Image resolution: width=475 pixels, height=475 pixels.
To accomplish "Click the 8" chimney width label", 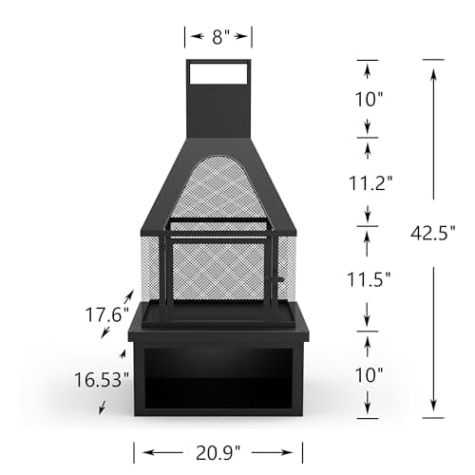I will coord(218,37).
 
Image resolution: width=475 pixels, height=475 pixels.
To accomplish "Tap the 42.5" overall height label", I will coord(441,231).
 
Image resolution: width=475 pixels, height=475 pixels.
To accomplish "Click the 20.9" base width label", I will coord(218,451).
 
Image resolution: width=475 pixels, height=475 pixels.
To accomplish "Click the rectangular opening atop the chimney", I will coord(218,72).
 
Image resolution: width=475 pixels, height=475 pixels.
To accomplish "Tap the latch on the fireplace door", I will coord(276,279).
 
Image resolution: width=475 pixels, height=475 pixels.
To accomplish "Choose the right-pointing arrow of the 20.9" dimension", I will coord(294,451).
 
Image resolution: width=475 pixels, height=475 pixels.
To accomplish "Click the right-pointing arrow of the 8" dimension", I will coord(244,37).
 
